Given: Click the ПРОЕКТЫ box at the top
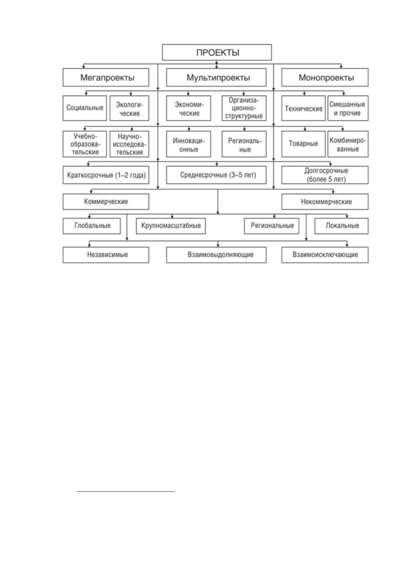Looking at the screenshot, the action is (x=217, y=52).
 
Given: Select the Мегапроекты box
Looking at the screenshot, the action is (x=106, y=77).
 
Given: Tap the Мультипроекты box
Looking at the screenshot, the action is (x=216, y=77).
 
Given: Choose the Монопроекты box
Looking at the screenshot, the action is (x=324, y=77).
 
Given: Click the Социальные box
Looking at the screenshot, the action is (x=85, y=108).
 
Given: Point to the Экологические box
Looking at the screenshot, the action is (x=129, y=108).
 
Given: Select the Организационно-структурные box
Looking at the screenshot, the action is (x=244, y=108).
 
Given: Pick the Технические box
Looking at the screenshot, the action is (x=303, y=108).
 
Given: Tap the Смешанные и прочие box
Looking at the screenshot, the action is (x=348, y=108).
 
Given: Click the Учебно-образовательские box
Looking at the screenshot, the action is (x=85, y=144).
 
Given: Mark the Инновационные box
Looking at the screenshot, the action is (x=188, y=144).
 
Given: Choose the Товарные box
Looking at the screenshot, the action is (x=303, y=144).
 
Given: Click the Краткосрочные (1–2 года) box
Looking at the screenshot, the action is (x=106, y=175).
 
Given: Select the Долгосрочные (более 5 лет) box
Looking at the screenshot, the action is (x=324, y=175).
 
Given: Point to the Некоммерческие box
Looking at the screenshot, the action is (x=324, y=202).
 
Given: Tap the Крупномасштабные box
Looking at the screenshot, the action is (x=171, y=226).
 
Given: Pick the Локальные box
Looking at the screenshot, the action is (x=341, y=226).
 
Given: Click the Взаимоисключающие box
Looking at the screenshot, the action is (x=324, y=255).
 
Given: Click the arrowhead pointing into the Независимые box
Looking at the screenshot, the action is (x=89, y=245).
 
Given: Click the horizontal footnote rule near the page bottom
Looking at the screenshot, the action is (x=126, y=491).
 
